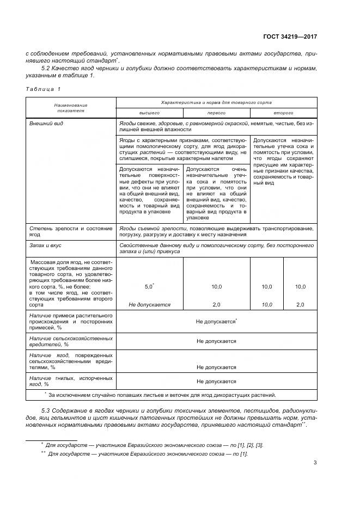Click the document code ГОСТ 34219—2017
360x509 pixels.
coord(290,36)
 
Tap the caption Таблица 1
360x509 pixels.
coord(43,88)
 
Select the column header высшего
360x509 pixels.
coord(149,113)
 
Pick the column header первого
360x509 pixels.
coord(216,113)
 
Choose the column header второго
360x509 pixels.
coord(283,113)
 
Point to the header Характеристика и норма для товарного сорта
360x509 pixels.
coord(216,102)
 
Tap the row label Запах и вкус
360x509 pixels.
coord(46,246)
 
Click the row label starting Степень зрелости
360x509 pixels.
coord(71,231)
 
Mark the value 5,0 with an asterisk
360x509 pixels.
coord(149,286)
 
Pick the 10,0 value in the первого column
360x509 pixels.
coord(216,286)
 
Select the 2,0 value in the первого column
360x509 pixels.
coord(216,305)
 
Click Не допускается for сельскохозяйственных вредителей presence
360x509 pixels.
coord(216,341)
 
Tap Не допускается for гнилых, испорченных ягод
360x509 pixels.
coord(216,382)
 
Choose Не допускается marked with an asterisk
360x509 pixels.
coord(216,321)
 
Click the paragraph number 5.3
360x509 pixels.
coord(47,409)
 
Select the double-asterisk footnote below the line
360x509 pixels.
coord(147,453)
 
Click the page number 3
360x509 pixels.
coord(315,463)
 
